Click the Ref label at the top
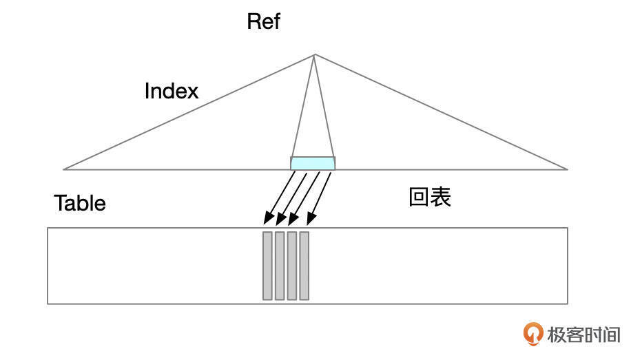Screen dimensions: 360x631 pos(264,21)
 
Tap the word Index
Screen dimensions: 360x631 pos(172,91)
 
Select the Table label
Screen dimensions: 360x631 pos(80,203)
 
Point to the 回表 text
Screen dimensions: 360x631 pos(430,198)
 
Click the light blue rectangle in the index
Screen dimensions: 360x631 pos(313,163)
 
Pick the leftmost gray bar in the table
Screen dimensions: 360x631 pos(267,266)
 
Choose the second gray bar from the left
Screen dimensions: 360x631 pos(280,266)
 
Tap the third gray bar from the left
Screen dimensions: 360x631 pos(292,266)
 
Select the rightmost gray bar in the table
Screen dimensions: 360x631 pos(304,266)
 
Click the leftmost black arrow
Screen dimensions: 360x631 pos(280,197)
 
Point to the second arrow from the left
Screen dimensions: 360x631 pos(293,197)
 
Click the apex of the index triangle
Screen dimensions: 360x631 pos(315,55)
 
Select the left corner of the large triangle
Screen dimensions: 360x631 pos(64,169)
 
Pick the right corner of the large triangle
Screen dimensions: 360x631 pos(567,169)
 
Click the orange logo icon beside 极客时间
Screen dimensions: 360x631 pos(533,334)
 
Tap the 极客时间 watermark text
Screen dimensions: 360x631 pos(583,335)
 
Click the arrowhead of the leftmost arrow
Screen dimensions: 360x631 pos(267,220)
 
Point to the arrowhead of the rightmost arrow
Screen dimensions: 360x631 pos(309,220)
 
